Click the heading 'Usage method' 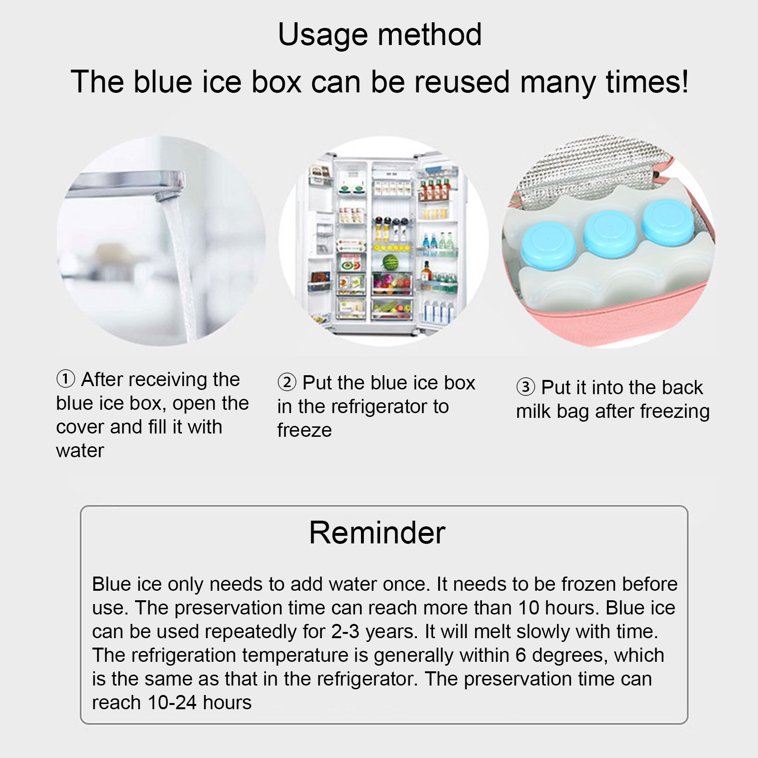pos(379,34)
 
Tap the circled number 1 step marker pos(66,379)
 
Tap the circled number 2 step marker pos(287,383)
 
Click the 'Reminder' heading pos(377,532)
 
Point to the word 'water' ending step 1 pos(80,451)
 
